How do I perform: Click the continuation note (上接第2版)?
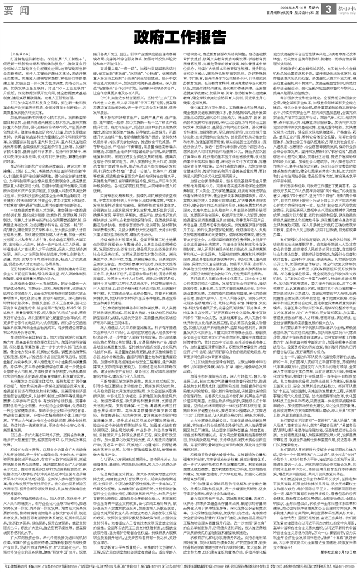(20, 54)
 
